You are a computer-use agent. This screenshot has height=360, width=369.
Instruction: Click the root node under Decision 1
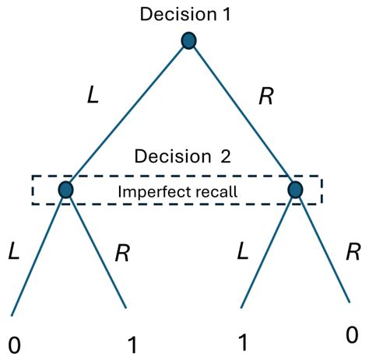pyautogui.click(x=188, y=40)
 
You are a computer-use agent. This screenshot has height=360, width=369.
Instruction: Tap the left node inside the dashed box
pyautogui.click(x=65, y=189)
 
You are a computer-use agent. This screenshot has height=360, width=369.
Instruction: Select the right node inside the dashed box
pyautogui.click(x=295, y=189)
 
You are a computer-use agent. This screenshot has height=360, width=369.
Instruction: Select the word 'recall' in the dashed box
pyautogui.click(x=212, y=190)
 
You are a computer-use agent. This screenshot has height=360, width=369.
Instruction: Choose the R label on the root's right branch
pyautogui.click(x=265, y=96)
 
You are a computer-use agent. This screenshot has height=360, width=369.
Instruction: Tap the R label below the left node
pyautogui.click(x=122, y=253)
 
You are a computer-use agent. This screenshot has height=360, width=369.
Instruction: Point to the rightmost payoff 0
pyautogui.click(x=353, y=335)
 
